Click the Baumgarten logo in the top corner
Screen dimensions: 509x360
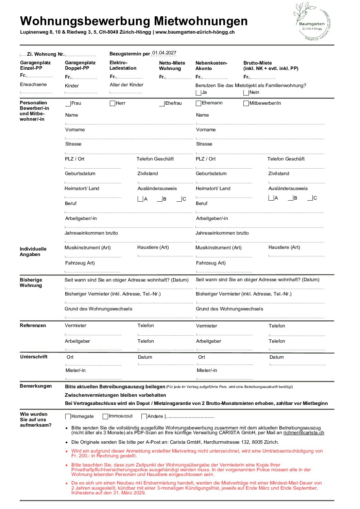(x=312, y=22)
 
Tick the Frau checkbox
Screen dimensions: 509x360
(x=68, y=103)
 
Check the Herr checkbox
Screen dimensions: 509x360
(x=113, y=103)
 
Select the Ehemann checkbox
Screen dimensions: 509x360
(x=199, y=103)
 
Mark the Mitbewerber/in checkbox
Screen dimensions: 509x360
(x=246, y=103)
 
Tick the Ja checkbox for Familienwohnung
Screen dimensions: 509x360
(x=199, y=92)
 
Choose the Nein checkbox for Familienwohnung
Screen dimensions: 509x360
(x=246, y=92)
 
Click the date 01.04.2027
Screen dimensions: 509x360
(x=164, y=53)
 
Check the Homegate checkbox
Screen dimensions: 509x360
(x=68, y=417)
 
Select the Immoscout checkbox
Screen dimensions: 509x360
(x=105, y=417)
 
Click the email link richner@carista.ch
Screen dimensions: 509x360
(x=304, y=433)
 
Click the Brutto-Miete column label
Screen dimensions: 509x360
(x=258, y=63)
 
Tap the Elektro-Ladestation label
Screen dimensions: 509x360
(x=123, y=65)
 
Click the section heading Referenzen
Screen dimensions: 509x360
(x=33, y=325)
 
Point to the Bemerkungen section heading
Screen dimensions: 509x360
(x=36, y=386)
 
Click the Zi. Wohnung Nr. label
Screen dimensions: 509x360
(x=46, y=54)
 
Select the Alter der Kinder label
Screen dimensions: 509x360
(x=126, y=85)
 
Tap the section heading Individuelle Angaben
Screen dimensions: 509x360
(x=33, y=252)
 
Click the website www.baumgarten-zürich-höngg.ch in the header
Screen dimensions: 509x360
(x=195, y=32)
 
